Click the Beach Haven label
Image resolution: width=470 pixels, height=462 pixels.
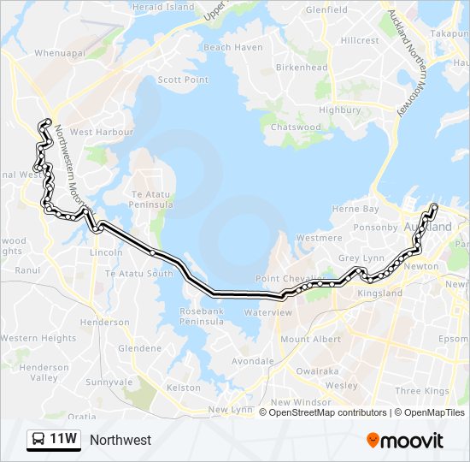[233, 47]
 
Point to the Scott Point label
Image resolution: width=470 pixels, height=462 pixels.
[183, 80]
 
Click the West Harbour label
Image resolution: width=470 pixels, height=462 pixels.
[101, 132]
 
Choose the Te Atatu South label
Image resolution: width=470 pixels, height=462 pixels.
[138, 273]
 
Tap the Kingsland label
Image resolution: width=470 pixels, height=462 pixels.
[379, 293]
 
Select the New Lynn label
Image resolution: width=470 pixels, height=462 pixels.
[231, 410]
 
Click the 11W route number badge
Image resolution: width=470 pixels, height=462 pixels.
[54, 440]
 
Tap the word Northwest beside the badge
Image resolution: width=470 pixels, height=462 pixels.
[120, 440]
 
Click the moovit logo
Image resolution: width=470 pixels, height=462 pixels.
[404, 440]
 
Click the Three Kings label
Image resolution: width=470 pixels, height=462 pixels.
[422, 390]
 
